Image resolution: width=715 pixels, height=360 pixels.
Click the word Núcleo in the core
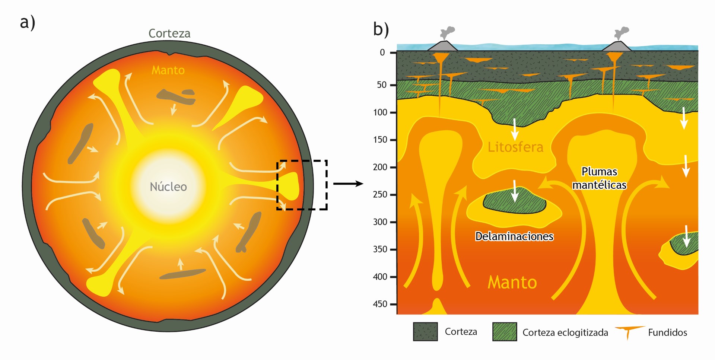(168, 187)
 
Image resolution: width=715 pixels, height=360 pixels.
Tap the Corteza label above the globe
(169, 34)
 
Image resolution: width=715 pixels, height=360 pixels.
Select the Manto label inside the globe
(168, 70)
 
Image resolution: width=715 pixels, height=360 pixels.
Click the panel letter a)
(27, 22)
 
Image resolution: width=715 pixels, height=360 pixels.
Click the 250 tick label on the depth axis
(380, 194)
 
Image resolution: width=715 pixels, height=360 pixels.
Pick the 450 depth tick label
(380, 304)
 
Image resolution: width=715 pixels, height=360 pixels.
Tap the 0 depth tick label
(382, 52)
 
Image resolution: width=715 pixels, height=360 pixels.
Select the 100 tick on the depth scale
(380, 112)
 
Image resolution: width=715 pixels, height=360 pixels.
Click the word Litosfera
(515, 147)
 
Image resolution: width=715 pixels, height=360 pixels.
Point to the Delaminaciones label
(514, 236)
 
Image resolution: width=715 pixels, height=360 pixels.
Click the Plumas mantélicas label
(599, 178)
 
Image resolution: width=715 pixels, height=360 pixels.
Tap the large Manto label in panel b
(512, 282)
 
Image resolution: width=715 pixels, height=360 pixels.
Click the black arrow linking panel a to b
(348, 184)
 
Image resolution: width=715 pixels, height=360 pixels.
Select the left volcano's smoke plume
(447, 32)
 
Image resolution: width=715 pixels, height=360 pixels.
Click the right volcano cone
(617, 47)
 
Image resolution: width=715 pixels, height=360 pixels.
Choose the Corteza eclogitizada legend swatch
(505, 332)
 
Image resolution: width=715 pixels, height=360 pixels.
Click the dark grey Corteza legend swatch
(425, 332)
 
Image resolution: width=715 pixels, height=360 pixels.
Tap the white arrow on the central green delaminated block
(515, 191)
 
